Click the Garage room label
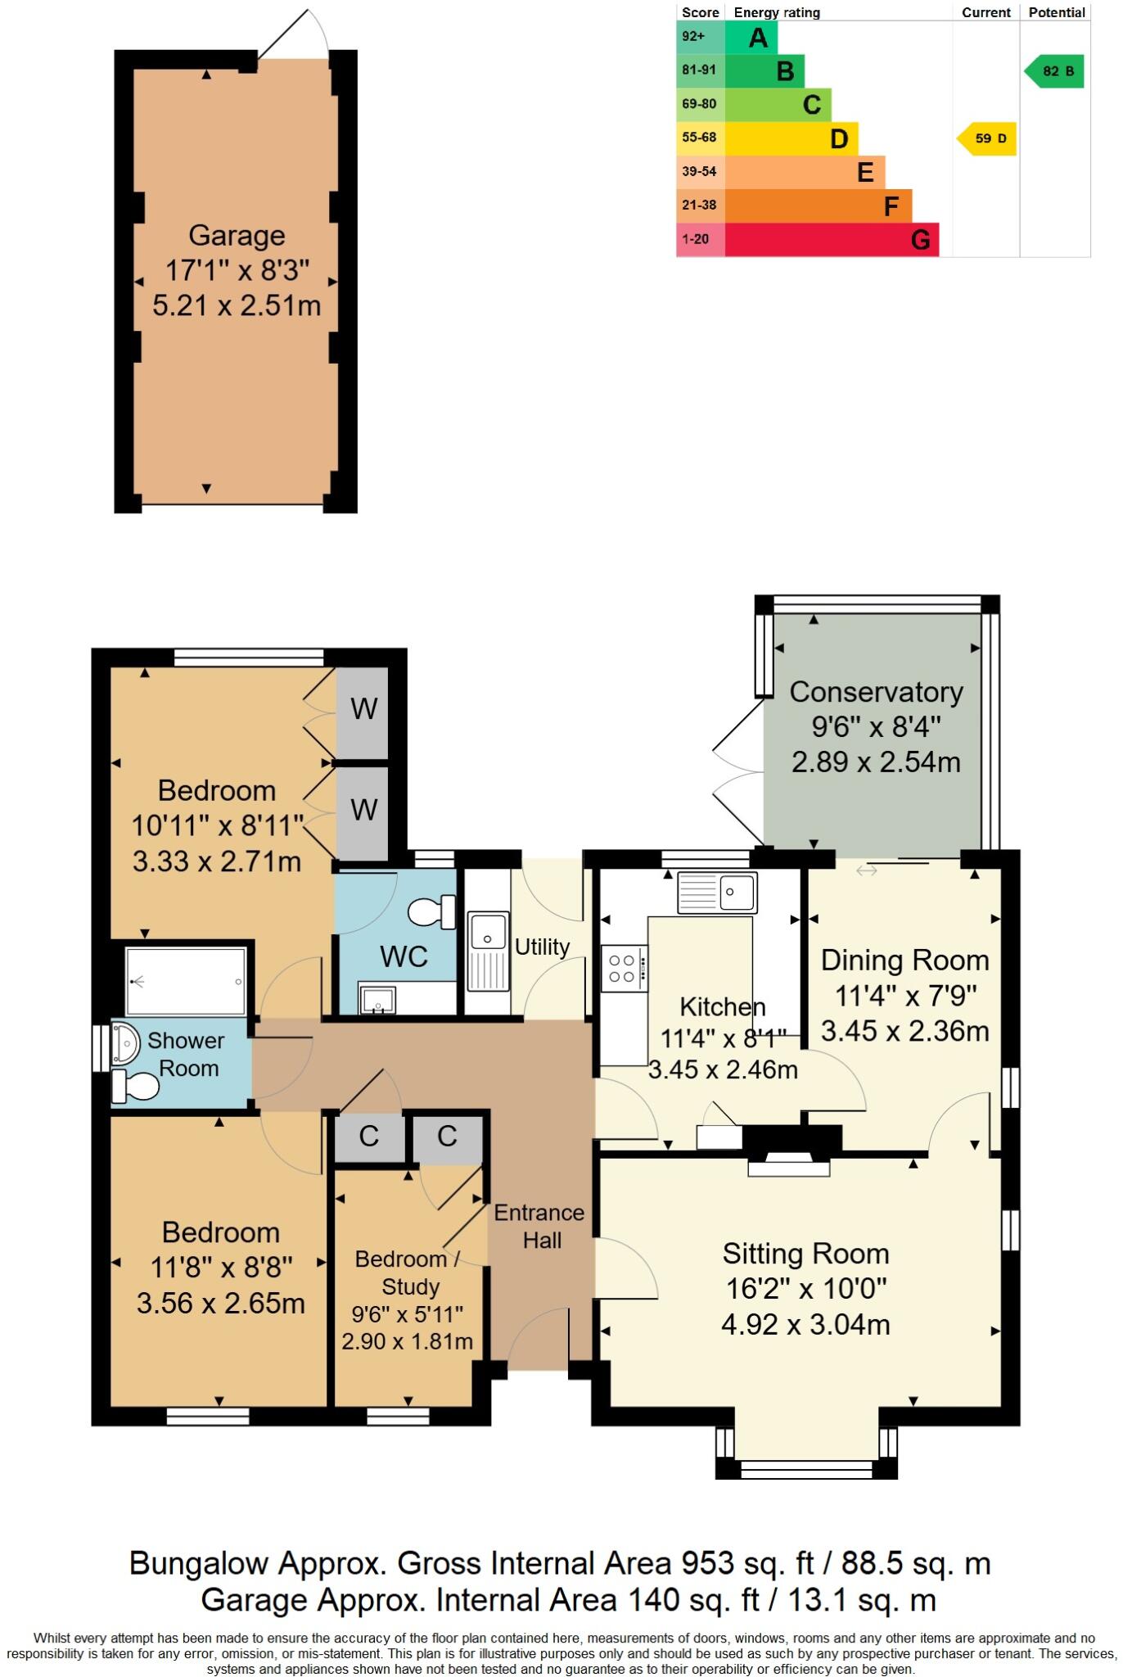237,236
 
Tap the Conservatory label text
876,692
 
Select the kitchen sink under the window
717,892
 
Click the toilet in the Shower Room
135,1086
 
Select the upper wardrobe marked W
363,709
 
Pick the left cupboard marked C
369,1137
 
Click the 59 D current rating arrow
987,138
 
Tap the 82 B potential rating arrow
1055,71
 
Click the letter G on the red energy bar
920,240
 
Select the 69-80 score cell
700,104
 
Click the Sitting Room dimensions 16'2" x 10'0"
805,1289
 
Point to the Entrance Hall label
539,1226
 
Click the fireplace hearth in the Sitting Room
789,1167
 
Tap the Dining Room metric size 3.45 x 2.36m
904,1031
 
